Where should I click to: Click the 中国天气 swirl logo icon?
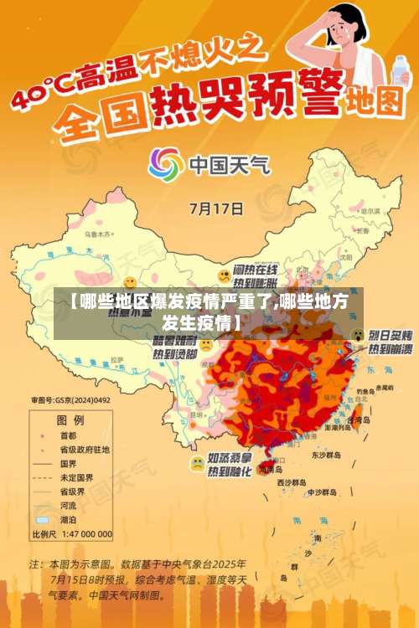click(166, 164)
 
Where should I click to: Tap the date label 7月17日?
click(217, 208)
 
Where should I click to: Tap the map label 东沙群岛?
click(326, 456)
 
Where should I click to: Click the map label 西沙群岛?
click(291, 483)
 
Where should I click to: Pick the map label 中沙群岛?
click(322, 492)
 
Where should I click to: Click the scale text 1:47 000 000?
click(84, 533)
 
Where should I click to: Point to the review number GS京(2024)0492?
click(71, 400)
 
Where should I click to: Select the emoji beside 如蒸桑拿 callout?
click(197, 462)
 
